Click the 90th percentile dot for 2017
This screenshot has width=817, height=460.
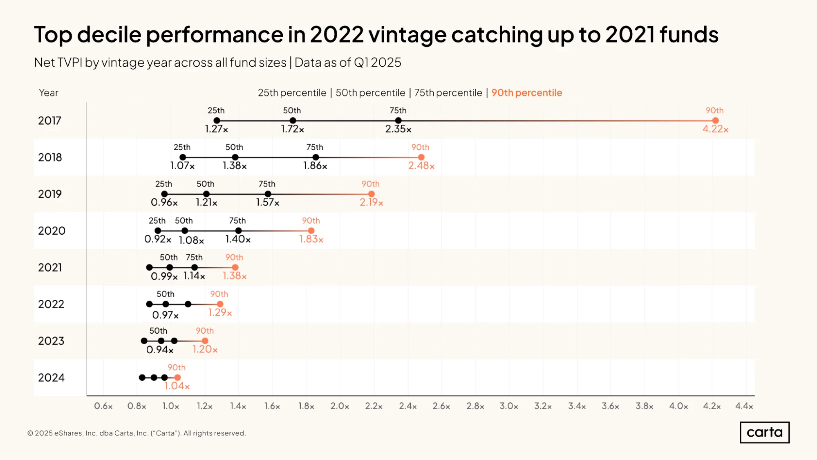pyautogui.click(x=715, y=121)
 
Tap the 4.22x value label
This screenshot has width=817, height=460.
pyautogui.click(x=716, y=129)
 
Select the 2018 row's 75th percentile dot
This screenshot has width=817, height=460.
pyautogui.click(x=316, y=157)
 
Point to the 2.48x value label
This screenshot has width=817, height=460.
pyautogui.click(x=421, y=166)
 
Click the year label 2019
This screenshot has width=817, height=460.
pyautogui.click(x=50, y=194)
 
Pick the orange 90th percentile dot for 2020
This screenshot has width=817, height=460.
pyautogui.click(x=311, y=231)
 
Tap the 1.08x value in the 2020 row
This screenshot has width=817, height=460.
pyautogui.click(x=191, y=240)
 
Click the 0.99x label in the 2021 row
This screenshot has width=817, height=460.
pyautogui.click(x=164, y=276)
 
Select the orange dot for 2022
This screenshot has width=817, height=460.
pyautogui.click(x=220, y=304)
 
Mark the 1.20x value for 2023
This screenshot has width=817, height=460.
pyautogui.click(x=205, y=349)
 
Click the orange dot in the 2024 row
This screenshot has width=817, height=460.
pyautogui.click(x=177, y=377)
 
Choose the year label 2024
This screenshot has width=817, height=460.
pyautogui.click(x=51, y=377)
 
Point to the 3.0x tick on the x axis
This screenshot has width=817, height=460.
pyautogui.click(x=509, y=406)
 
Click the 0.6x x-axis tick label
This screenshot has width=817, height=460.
pyautogui.click(x=103, y=406)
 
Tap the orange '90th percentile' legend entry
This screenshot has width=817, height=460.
pyautogui.click(x=527, y=93)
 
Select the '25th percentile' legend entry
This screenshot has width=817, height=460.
pyautogui.click(x=292, y=93)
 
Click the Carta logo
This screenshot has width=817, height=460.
pyautogui.click(x=765, y=432)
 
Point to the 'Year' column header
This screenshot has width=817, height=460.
pyautogui.click(x=49, y=93)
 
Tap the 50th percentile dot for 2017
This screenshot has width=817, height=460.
pyautogui.click(x=293, y=121)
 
